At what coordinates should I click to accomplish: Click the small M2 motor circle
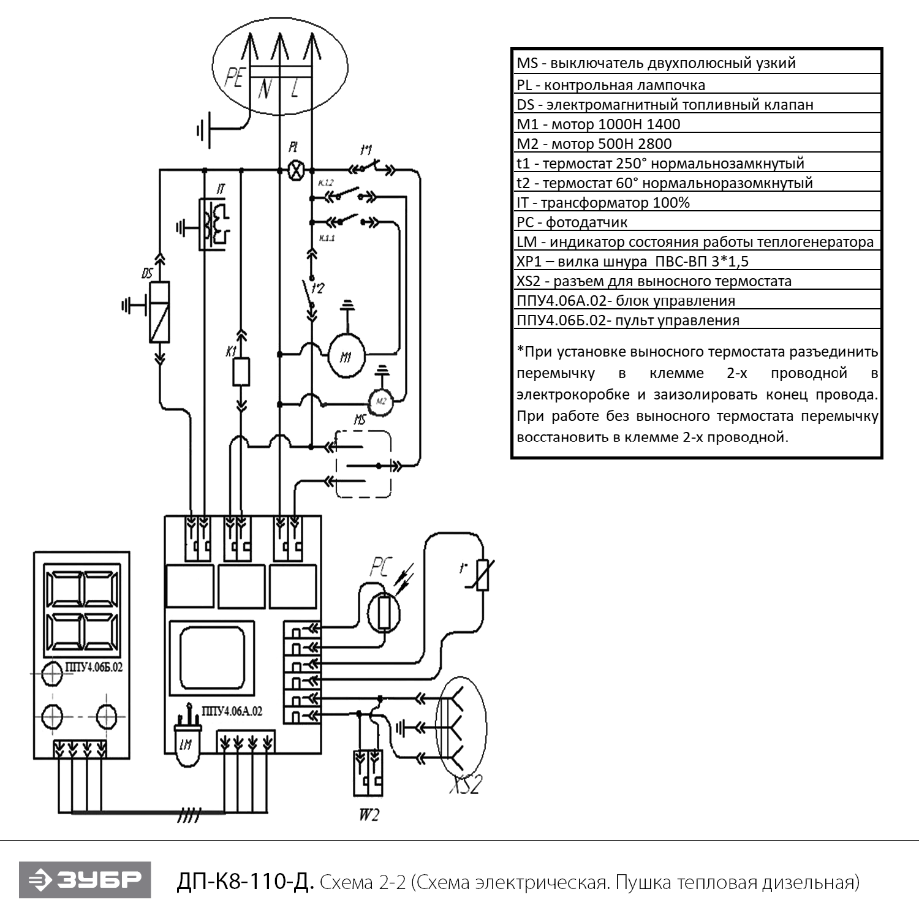pyautogui.click(x=381, y=401)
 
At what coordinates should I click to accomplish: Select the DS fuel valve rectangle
pyautogui.click(x=159, y=312)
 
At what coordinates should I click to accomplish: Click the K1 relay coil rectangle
pyautogui.click(x=241, y=372)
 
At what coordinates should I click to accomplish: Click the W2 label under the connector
pyautogui.click(x=368, y=815)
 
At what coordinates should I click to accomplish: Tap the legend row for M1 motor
pyautogui.click(x=598, y=124)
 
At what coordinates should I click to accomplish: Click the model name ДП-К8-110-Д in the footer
pyautogui.click(x=246, y=882)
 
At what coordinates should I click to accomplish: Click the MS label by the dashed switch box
pyautogui.click(x=360, y=420)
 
